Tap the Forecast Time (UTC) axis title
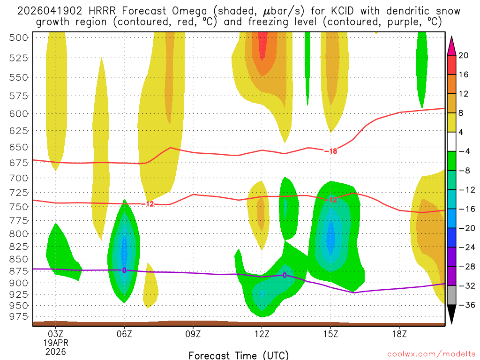pos(239,355)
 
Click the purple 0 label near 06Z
pos(124,270)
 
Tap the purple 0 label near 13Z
pos(285,275)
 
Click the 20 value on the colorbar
pos(464,55)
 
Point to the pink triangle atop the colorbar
pos(452,45)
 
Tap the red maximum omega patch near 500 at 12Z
pos(262,45)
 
